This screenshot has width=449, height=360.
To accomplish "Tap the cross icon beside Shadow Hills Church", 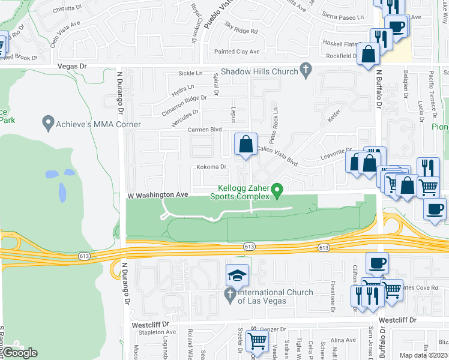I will (306, 71).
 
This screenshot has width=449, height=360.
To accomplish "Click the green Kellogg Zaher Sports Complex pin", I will (277, 191).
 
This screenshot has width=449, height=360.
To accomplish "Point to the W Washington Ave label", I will (158, 195).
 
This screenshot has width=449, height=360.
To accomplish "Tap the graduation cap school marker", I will (237, 275).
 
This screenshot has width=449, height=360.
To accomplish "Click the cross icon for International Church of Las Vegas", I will (229, 295).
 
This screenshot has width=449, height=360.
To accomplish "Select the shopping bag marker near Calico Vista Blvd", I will (246, 145).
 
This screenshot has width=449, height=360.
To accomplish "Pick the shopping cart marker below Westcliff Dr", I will (258, 342).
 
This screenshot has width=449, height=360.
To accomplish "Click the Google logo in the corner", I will (20, 353).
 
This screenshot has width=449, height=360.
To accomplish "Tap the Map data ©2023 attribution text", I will (423, 355).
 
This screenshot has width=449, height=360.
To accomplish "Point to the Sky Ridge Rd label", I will (241, 28).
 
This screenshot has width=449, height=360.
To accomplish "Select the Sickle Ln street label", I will (190, 73).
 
